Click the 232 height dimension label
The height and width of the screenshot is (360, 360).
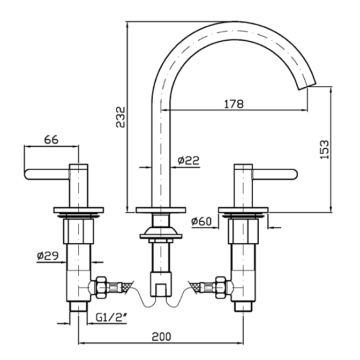(121, 116)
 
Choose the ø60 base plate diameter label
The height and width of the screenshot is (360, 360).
(202, 221)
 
